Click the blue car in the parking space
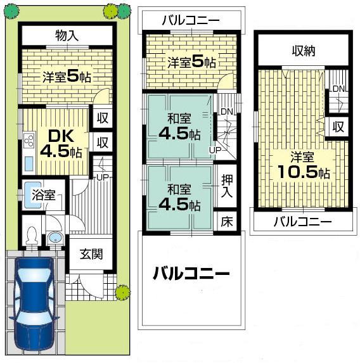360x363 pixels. (x=35, y=303)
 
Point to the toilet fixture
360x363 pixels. (x=31, y=235)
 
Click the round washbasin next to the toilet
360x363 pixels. (x=55, y=238)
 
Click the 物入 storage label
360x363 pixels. (x=67, y=35)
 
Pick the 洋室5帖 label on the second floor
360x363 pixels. (x=191, y=63)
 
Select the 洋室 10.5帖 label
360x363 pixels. (x=302, y=165)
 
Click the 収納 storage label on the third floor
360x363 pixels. (x=304, y=51)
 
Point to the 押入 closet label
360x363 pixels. (x=226, y=185)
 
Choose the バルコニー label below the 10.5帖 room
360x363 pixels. (x=302, y=222)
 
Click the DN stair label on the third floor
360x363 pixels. (x=338, y=89)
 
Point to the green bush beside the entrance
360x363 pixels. (x=122, y=293)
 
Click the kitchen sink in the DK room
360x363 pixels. (x=29, y=163)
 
